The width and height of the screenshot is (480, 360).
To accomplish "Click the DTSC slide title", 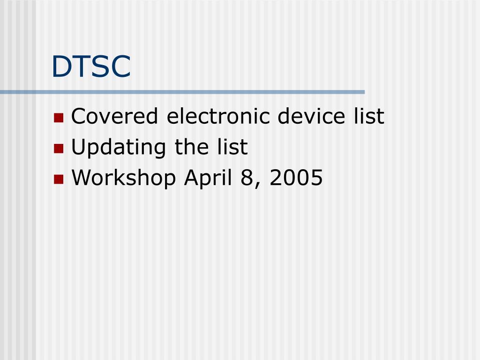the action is (91, 66).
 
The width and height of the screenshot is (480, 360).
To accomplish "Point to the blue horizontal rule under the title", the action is (182, 92).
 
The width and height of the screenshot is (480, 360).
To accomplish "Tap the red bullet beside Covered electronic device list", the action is (59, 118).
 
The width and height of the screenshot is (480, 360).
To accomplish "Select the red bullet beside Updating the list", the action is (59, 149).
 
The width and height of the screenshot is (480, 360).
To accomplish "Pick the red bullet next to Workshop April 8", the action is (59, 179).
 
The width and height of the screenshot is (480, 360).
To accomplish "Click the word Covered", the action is (114, 116).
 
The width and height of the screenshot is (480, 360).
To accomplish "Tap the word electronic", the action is (218, 116).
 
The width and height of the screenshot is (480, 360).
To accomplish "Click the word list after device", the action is (369, 116).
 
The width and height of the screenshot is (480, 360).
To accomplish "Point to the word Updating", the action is (119, 148).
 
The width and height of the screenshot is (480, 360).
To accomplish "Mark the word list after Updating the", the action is (232, 147).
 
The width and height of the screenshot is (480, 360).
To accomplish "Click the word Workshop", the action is (124, 179).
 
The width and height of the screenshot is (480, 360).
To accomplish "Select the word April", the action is (208, 179).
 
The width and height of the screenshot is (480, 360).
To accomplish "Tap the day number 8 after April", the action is (247, 178).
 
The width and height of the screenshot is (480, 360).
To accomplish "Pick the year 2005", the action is (296, 178).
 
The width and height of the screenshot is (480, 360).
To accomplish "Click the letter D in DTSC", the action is (62, 67).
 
